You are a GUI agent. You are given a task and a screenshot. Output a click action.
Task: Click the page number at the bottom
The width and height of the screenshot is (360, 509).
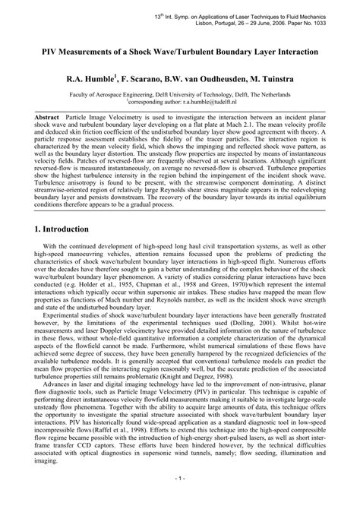[180, 501]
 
